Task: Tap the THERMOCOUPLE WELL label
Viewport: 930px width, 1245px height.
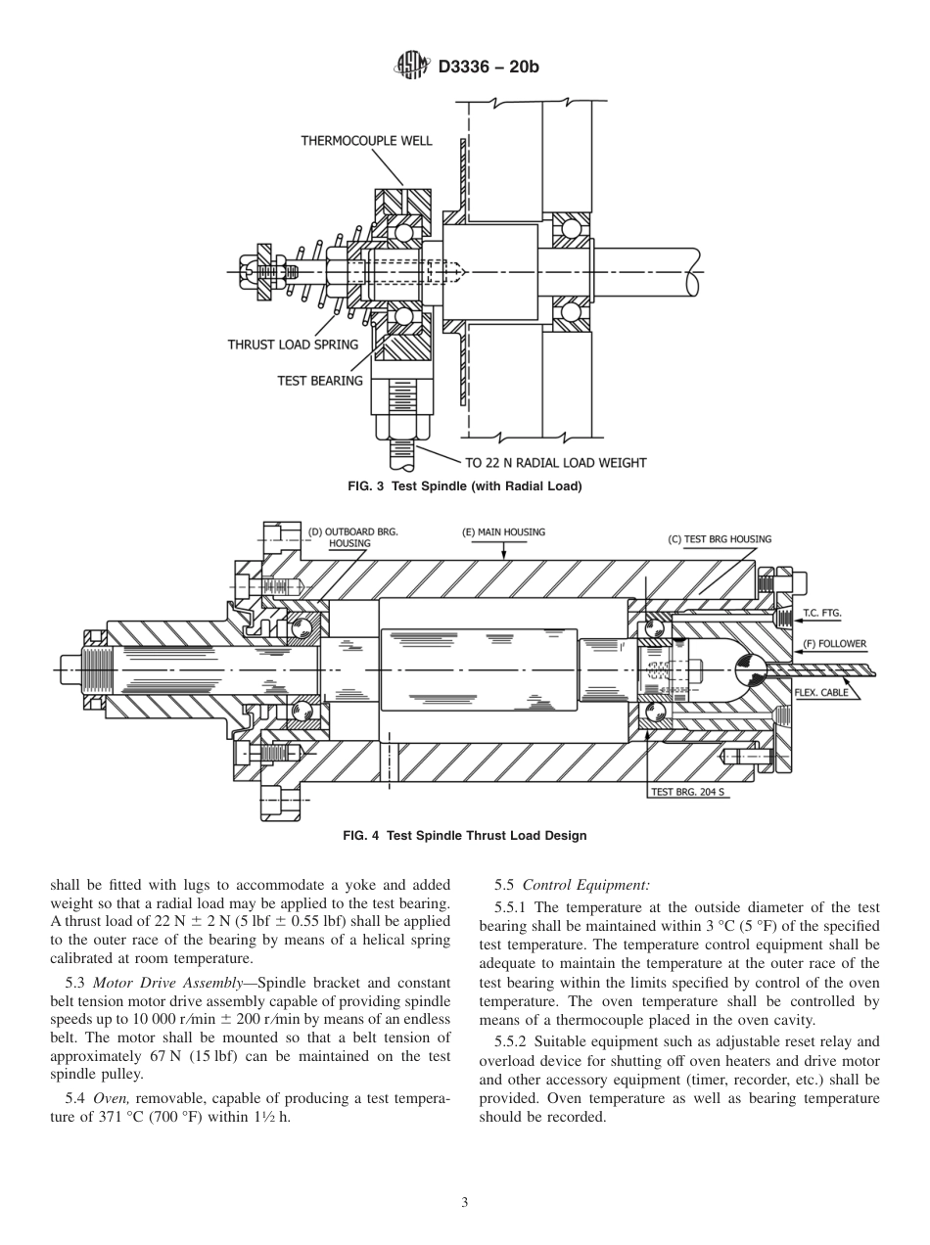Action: (x=365, y=141)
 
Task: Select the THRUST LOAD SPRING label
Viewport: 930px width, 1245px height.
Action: (x=293, y=345)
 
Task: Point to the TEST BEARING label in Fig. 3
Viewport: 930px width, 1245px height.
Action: (x=320, y=381)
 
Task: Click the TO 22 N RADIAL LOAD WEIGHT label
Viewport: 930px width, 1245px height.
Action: (x=555, y=462)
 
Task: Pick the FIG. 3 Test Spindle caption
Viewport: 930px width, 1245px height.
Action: (x=464, y=486)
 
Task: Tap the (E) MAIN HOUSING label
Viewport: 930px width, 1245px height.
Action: (x=503, y=532)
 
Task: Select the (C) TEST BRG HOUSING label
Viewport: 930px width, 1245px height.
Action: (x=719, y=539)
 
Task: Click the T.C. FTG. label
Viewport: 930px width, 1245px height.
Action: (x=821, y=613)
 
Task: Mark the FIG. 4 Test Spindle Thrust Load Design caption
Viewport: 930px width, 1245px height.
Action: (x=464, y=836)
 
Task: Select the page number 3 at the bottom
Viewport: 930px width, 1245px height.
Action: (x=464, y=1203)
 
